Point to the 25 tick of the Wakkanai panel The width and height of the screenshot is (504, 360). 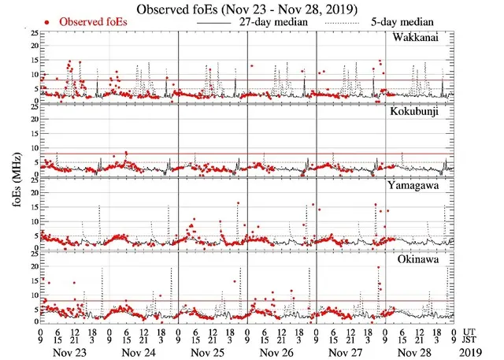tap(31, 33)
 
